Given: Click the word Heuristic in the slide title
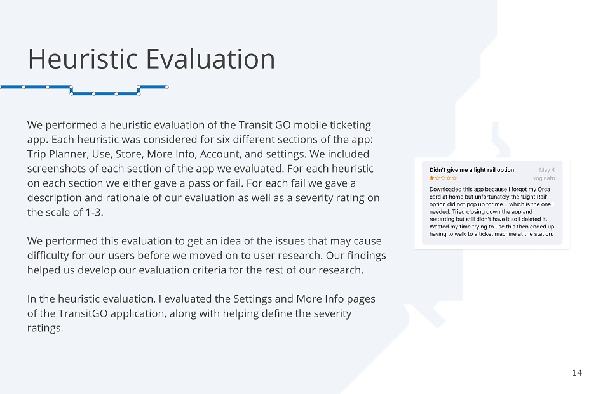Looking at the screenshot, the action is tap(83, 59).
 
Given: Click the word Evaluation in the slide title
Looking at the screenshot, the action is tap(210, 59).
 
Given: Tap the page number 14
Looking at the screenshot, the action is tap(577, 373).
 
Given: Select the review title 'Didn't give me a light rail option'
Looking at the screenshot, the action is tap(471, 170).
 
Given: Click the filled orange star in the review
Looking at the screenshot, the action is tap(432, 178).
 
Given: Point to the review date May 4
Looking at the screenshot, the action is tap(547, 170).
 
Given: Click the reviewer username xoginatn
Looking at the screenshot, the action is tap(544, 178).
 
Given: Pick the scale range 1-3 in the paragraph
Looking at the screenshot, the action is tap(94, 212).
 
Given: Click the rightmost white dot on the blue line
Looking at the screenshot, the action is tap(167, 87).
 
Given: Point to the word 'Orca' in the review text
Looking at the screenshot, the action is tap(544, 189).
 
